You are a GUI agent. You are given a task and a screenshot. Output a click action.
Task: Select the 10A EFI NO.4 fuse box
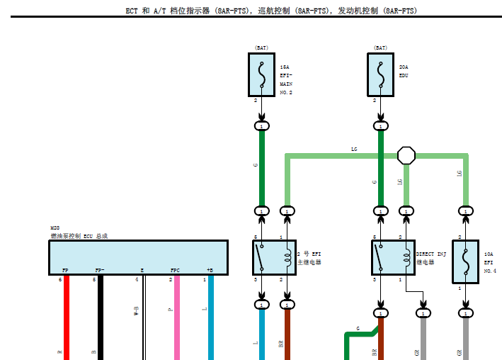click(466, 261)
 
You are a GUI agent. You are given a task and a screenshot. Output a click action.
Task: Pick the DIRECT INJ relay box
click(393, 257)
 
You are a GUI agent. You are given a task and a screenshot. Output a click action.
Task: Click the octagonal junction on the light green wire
click(406, 154)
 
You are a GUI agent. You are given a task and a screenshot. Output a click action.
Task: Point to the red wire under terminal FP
click(66, 319)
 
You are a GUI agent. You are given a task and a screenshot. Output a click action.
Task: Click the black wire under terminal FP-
click(101, 319)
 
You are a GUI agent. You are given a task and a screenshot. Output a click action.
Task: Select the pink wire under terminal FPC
click(176, 319)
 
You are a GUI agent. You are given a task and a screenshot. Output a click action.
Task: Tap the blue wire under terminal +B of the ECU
click(210, 319)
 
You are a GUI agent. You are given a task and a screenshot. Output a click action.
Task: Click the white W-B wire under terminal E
click(144, 319)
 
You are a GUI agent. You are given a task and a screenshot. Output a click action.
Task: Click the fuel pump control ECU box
click(138, 257)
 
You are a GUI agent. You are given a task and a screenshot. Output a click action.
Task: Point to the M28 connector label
click(55, 227)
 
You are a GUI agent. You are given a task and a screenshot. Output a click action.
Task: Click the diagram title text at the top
click(251, 11)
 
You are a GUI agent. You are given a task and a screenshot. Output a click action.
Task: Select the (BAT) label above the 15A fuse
click(261, 48)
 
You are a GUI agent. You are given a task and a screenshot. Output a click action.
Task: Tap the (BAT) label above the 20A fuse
click(380, 48)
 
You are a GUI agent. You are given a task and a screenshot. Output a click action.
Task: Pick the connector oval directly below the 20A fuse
click(381, 125)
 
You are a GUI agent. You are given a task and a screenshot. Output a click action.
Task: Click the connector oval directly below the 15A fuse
click(261, 125)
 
